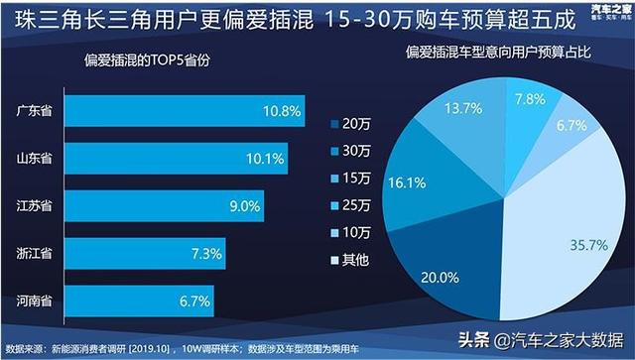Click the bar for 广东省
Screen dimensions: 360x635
180,111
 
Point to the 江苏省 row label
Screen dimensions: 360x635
35,205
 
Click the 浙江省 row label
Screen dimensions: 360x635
35,253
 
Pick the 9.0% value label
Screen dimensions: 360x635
243,205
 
